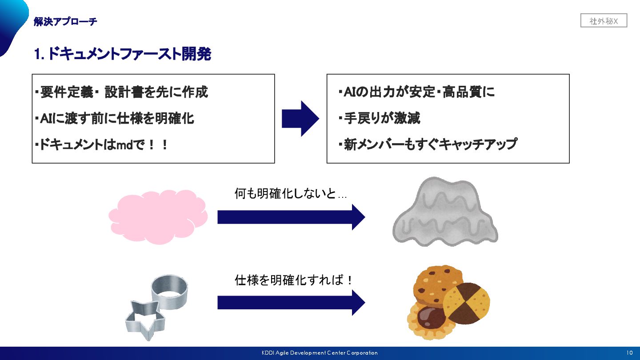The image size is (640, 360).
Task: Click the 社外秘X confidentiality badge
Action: point(604,21)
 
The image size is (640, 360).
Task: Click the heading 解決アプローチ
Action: point(65,21)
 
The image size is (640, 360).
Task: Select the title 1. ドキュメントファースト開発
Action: point(122,54)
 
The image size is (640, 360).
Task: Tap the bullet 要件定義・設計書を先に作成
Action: point(121,92)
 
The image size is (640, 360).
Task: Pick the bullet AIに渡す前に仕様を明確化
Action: point(114,118)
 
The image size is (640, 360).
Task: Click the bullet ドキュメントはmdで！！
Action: point(101,144)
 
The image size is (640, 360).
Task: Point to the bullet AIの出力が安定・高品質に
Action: point(416,92)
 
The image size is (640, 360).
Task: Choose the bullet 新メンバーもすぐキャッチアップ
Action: point(428,144)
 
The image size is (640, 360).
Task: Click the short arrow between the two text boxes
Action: point(300,119)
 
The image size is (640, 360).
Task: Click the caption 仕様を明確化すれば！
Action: point(294,280)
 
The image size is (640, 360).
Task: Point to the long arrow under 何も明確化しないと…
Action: point(291,217)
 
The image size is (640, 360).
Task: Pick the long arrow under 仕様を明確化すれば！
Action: point(291,303)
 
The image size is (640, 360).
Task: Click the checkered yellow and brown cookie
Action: point(467,303)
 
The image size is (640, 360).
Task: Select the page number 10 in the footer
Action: point(629,353)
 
